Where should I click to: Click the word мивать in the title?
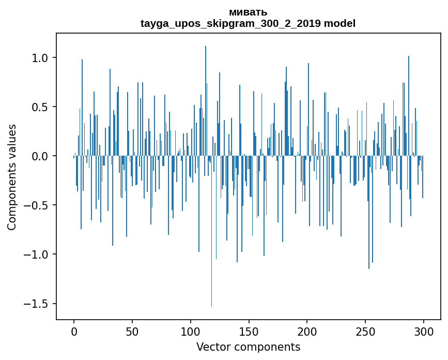(x=248, y=12)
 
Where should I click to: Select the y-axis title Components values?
(x=12, y=177)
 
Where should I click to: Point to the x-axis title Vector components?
(x=248, y=347)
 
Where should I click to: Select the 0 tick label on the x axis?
(x=74, y=331)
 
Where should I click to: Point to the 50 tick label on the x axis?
(x=132, y=331)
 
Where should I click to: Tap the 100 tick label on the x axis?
(x=191, y=331)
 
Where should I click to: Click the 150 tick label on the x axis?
(x=249, y=331)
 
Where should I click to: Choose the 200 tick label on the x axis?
(x=307, y=331)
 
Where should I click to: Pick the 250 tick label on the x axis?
(x=366, y=331)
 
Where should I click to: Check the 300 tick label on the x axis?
(x=424, y=331)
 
